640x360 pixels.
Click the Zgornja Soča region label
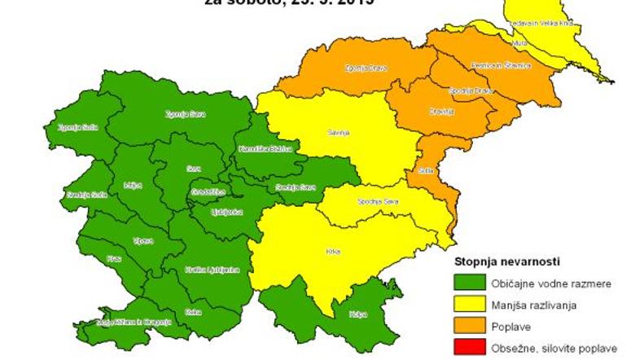[73, 127]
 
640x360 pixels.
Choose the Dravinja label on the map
[441, 112]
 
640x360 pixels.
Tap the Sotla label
[424, 172]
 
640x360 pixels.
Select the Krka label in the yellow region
[332, 251]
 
